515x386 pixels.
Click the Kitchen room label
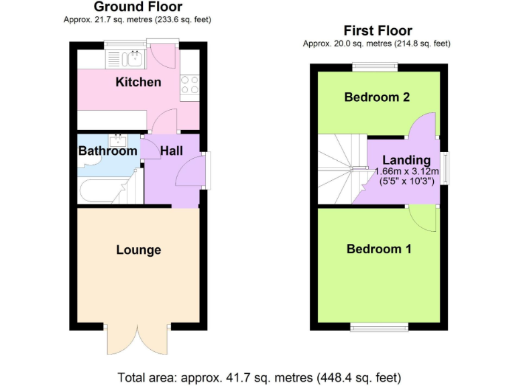[138, 82]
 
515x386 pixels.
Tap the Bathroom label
[107, 151]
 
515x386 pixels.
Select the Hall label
[171, 151]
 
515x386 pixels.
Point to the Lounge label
[138, 250]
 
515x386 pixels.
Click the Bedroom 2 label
[377, 97]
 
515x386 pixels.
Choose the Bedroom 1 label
[379, 249]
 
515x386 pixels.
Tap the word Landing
[406, 160]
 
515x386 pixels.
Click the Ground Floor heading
[137, 7]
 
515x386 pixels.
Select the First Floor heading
[378, 31]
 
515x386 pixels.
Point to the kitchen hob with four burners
[189, 85]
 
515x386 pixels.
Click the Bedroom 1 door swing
[422, 216]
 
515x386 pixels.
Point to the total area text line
[260, 376]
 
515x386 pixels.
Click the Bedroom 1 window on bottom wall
[374, 328]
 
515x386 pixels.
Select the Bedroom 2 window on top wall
[375, 66]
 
